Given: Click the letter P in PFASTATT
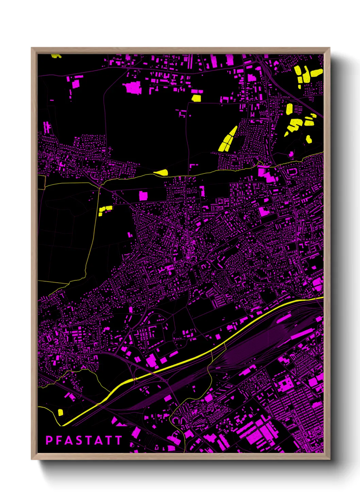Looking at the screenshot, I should [x=49, y=440].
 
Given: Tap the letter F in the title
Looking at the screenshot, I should [x=59, y=440].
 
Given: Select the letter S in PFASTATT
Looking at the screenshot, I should [x=78, y=440].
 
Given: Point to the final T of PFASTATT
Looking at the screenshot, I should [x=118, y=440].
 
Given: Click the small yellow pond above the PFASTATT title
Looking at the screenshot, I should [x=61, y=412].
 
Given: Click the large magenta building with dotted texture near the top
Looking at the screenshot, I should [x=133, y=88].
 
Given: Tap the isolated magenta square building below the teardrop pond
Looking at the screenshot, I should [x=143, y=196].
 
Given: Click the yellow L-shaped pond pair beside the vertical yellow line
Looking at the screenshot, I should [x=105, y=210].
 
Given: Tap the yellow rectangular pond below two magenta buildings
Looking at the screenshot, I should [x=196, y=98].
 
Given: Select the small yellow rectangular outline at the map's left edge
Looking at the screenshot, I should [x=41, y=182].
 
